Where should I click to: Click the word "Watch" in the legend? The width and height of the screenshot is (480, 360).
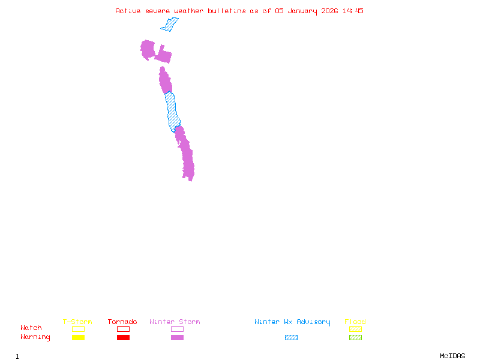[x=31, y=328]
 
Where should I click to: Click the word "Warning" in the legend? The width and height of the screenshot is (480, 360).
[x=35, y=337]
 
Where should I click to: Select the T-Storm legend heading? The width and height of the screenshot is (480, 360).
[x=77, y=322]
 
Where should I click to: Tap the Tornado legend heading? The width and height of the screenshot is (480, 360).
[x=122, y=322]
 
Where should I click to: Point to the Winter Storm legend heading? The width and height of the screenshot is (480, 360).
[x=175, y=322]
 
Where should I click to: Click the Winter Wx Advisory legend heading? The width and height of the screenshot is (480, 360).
[x=292, y=322]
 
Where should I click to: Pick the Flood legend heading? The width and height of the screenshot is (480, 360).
[x=355, y=322]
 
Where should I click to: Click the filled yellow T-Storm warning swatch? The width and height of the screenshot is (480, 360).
[x=78, y=338]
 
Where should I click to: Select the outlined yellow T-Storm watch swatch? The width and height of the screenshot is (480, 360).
[x=78, y=329]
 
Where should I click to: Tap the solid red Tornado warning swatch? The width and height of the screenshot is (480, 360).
[x=123, y=338]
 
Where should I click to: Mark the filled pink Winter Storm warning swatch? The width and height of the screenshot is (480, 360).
[x=177, y=338]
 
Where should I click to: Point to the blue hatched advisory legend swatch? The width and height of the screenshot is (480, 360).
[x=291, y=338]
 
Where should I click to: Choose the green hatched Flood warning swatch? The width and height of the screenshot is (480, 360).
[x=355, y=338]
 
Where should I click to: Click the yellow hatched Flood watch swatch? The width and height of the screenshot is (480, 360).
[x=355, y=329]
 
